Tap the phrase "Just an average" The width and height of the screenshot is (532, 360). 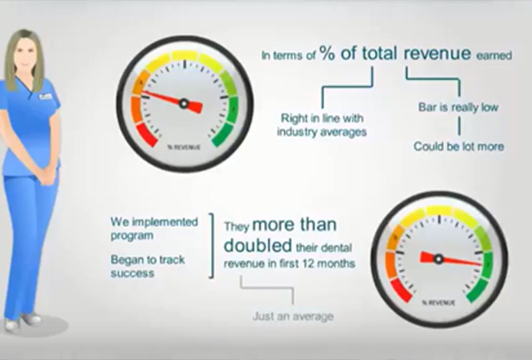pyautogui.click(x=293, y=317)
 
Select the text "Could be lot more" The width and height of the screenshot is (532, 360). pyautogui.click(x=459, y=147)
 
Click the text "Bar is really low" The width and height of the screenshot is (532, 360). pyautogui.click(x=458, y=107)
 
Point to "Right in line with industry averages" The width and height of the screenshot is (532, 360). pyautogui.click(x=322, y=125)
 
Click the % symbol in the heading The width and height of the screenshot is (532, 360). pyautogui.click(x=328, y=54)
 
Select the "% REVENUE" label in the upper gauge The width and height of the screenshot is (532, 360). pyautogui.click(x=184, y=147)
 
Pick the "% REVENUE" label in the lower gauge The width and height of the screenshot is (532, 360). pyautogui.click(x=438, y=303)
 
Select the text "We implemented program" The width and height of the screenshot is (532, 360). pyautogui.click(x=154, y=228)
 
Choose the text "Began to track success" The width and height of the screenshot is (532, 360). pyautogui.click(x=147, y=266)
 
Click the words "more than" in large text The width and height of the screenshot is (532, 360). pyautogui.click(x=294, y=225)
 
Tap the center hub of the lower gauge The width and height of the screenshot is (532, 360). pyautogui.click(x=439, y=258)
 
